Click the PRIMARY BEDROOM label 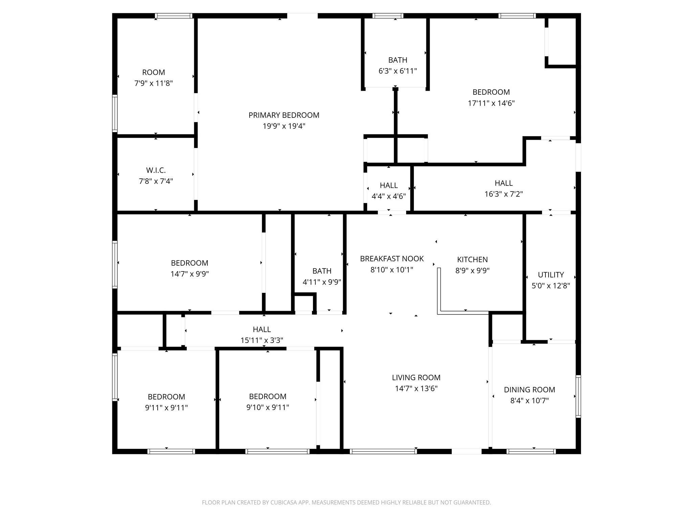(284, 115)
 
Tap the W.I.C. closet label (156, 170)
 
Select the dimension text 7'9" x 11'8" (154, 83)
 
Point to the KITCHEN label (472, 260)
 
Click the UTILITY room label (551, 275)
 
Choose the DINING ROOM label (530, 390)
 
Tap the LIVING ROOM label (416, 377)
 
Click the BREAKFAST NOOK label (392, 259)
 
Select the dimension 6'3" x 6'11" (398, 71)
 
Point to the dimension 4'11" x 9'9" (322, 282)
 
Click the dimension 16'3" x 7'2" (504, 194)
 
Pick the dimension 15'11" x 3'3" (262, 340)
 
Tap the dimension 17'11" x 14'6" (491, 103)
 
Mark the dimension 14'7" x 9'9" (189, 274)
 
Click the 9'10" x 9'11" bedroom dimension (268, 407)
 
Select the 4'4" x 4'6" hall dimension (389, 196)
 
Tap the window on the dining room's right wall (578, 396)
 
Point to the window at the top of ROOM (174, 16)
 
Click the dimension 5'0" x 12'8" (551, 286)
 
